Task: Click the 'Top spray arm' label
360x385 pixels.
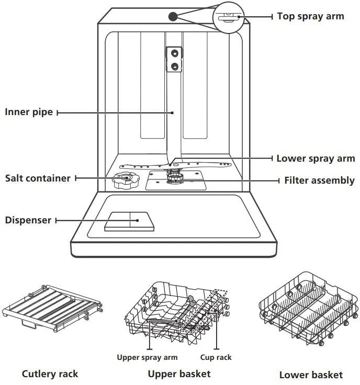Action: click(x=310, y=16)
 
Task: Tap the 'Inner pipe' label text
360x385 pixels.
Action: click(x=29, y=112)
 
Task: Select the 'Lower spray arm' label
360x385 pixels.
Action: click(x=316, y=158)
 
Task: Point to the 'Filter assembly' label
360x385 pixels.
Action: click(x=319, y=180)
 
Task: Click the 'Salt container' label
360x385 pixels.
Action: click(x=38, y=178)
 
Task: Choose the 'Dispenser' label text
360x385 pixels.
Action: click(x=28, y=220)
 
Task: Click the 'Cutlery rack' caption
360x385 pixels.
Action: click(x=50, y=373)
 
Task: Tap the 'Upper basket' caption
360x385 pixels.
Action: click(x=179, y=373)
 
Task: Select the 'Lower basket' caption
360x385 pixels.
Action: click(x=311, y=374)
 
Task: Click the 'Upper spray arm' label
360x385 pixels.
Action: click(x=147, y=358)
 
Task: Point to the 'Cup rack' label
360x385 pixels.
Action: click(x=216, y=358)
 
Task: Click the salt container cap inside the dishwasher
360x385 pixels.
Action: click(x=123, y=180)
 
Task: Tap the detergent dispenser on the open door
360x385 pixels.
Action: click(x=129, y=221)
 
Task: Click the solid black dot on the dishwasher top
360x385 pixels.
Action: click(x=173, y=16)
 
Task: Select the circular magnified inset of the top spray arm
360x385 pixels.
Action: click(x=228, y=17)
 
